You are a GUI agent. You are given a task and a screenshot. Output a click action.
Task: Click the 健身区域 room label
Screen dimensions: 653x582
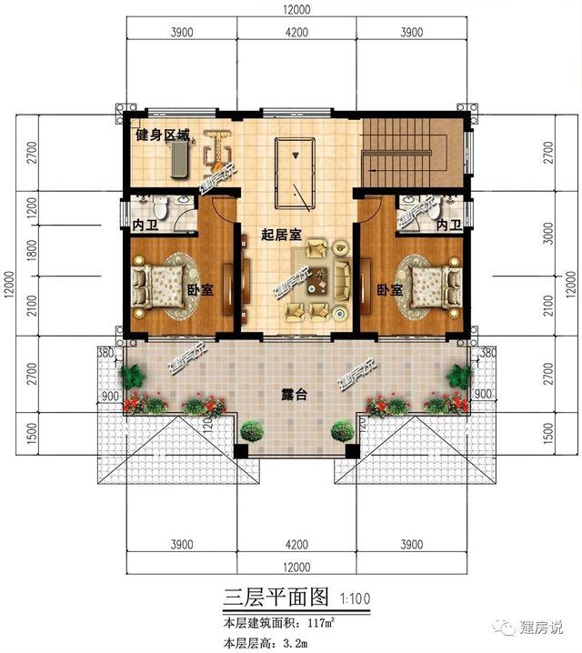(x=164, y=136)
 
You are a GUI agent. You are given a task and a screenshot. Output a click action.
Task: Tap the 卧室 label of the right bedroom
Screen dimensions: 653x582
(x=390, y=290)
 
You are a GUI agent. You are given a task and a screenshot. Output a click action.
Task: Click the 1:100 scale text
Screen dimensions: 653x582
(x=357, y=599)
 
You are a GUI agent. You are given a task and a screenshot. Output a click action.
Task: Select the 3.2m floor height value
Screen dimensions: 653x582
(x=291, y=642)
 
